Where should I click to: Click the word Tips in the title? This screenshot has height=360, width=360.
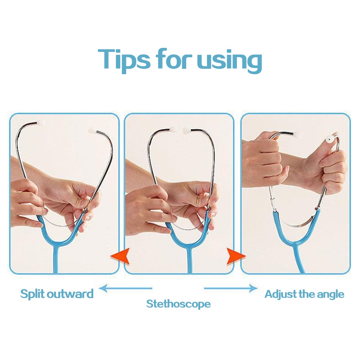[124, 60]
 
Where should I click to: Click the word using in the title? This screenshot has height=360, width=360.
[229, 60]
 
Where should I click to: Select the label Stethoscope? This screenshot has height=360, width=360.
[179, 304]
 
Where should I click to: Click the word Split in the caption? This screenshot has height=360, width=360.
[32, 294]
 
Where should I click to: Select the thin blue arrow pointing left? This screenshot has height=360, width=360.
[126, 288]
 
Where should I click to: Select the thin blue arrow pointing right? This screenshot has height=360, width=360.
[231, 288]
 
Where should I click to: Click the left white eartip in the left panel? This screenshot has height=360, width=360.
[41, 122]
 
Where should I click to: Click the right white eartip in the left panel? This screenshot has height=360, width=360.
[93, 130]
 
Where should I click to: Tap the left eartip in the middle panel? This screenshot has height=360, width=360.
[174, 130]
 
